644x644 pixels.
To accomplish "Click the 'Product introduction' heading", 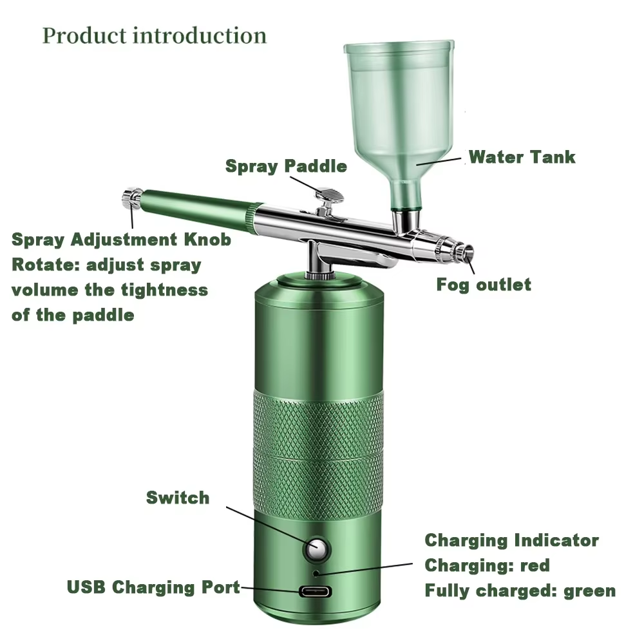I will point(155,35).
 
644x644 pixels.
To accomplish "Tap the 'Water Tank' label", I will point(522,156).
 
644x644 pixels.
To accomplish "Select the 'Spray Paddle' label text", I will point(286,166).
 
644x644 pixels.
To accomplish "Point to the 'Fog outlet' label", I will point(484,285).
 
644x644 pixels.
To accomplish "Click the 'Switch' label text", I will point(178,497).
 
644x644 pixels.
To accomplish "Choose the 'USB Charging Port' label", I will point(153,587).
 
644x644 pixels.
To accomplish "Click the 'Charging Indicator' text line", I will point(511,540).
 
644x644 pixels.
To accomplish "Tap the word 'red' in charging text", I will point(535,565).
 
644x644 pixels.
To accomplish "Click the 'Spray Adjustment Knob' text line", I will point(121,240).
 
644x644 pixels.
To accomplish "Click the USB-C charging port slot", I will point(317,591).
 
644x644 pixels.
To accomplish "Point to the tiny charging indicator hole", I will point(316,571).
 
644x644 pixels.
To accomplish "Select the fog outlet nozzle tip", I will point(466,252).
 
